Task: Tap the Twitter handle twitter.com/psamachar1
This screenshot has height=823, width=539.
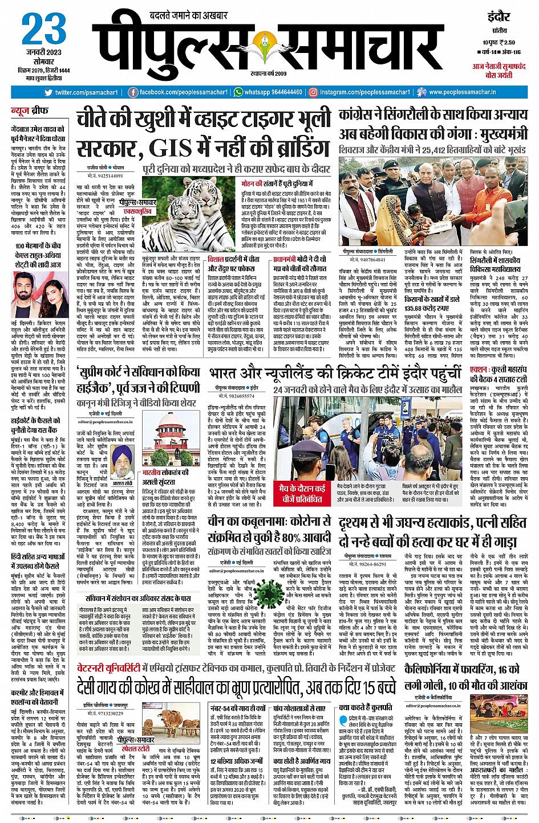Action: click(86, 92)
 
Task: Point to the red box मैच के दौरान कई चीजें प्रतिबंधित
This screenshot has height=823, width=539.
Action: click(302, 493)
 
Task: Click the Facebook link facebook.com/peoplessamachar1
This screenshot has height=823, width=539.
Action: click(184, 92)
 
